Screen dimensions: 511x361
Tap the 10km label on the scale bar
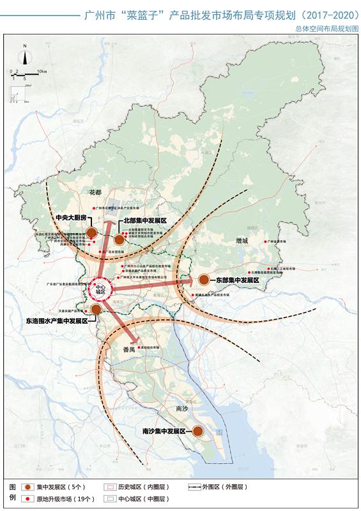pyautogui.click(x=42, y=70)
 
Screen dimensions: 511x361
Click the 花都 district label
pyautogui.click(x=95, y=192)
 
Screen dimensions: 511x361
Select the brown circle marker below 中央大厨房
pyautogui.click(x=91, y=233)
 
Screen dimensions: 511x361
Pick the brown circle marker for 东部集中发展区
pyautogui.click(x=203, y=280)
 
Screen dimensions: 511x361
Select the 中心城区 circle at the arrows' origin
pyautogui.click(x=99, y=290)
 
